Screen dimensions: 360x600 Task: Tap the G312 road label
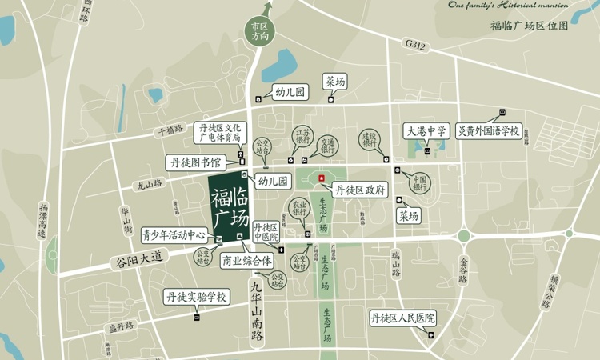click(416, 47)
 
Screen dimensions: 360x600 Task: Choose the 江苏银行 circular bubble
click(303, 137)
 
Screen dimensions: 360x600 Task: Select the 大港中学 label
click(425, 130)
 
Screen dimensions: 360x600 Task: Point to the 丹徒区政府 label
click(362, 190)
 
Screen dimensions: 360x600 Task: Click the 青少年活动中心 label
click(174, 236)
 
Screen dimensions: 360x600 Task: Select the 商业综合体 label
click(247, 260)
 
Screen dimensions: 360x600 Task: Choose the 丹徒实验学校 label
click(197, 298)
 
